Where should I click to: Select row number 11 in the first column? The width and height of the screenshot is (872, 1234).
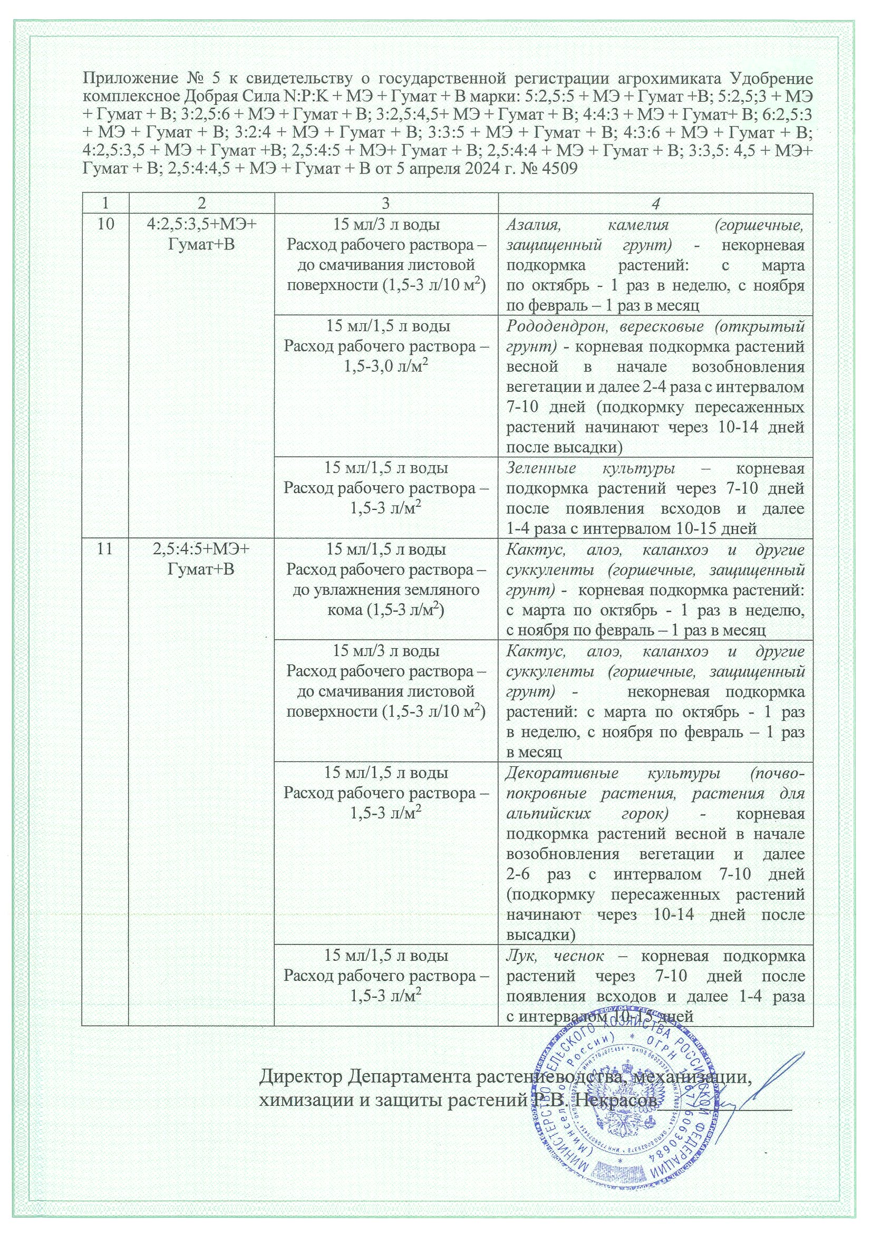pyautogui.click(x=105, y=549)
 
